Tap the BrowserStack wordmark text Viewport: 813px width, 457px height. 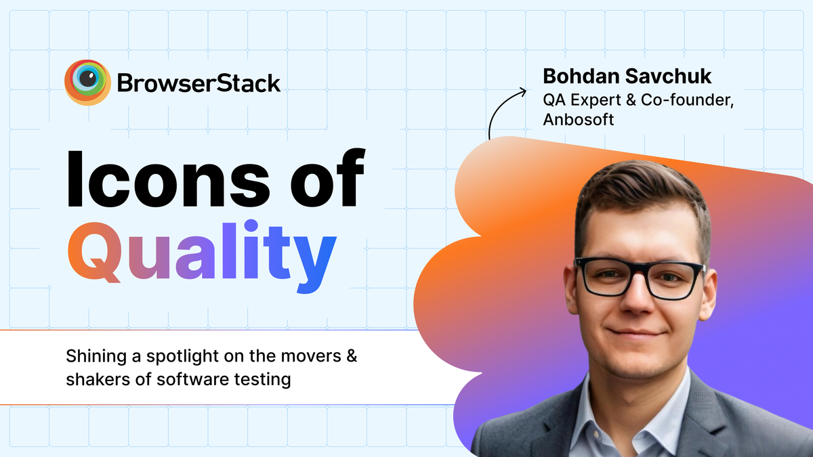(x=199, y=83)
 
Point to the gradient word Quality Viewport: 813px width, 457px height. (x=201, y=255)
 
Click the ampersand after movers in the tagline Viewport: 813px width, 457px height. (x=351, y=355)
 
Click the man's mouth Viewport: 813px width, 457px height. (x=636, y=334)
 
